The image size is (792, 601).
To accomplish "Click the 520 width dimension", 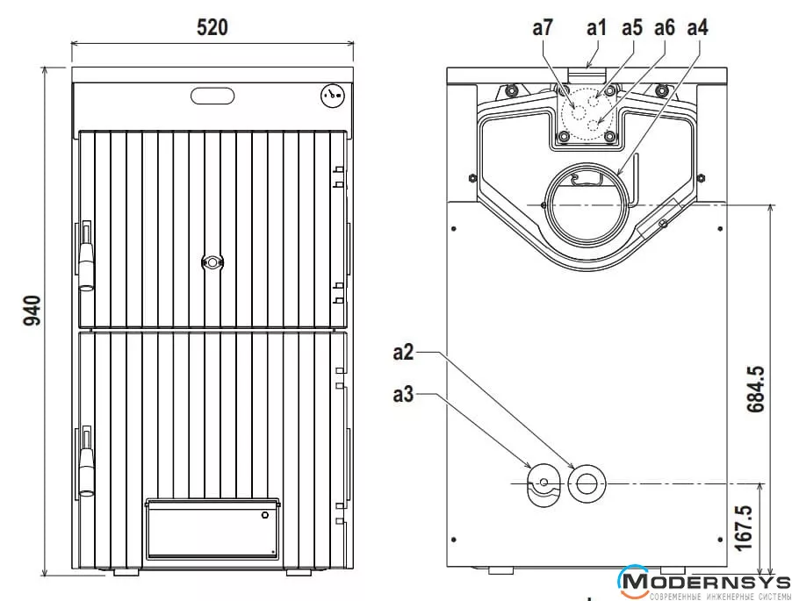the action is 212,27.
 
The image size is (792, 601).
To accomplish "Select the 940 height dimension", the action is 32,311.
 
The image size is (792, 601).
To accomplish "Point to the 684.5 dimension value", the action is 756,389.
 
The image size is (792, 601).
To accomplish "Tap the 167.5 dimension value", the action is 744,528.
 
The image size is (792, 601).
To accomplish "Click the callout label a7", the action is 543,27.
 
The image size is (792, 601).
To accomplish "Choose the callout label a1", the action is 596,27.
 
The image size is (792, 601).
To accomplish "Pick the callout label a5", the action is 632,27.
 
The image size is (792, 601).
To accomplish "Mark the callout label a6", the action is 665,27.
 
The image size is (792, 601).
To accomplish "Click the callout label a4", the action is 697,27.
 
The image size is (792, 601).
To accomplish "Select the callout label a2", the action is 403,352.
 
